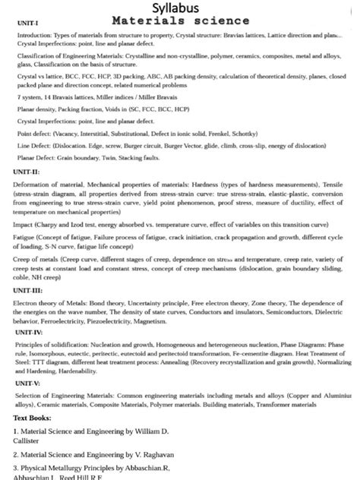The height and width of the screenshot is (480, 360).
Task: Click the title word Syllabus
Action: (x=179, y=8)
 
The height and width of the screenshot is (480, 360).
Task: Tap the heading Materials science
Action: (x=179, y=21)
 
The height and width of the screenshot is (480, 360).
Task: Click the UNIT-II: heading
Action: (x=27, y=172)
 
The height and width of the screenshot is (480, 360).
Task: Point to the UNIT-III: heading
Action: (x=29, y=291)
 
